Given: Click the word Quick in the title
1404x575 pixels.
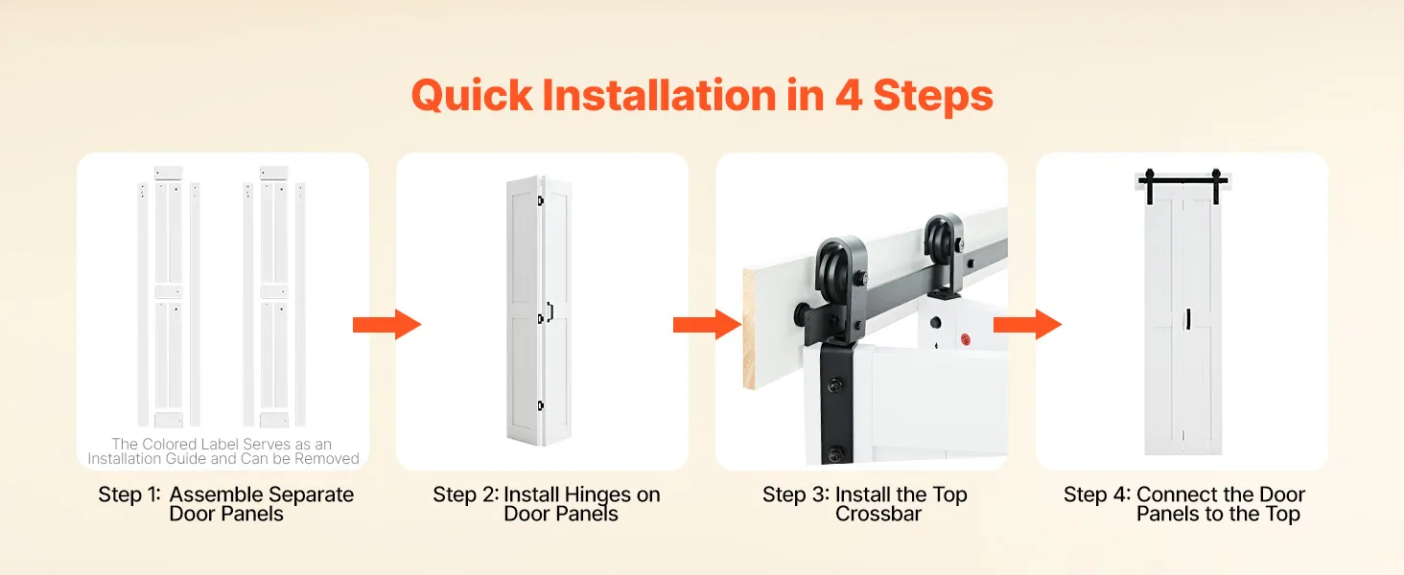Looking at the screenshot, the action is [472, 96].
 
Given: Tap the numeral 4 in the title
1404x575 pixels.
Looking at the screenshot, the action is [848, 95].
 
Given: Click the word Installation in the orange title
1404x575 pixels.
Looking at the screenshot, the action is [659, 95].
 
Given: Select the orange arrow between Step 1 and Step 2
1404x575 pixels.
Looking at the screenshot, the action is [386, 325].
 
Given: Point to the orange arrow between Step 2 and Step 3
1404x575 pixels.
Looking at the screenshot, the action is [707, 325].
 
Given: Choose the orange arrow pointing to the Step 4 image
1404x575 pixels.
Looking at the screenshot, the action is [1027, 325].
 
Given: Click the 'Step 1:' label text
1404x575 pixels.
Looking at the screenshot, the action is [129, 494].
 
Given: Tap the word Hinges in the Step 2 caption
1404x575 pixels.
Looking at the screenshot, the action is [598, 495].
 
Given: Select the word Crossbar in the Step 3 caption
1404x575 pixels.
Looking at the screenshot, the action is [878, 515].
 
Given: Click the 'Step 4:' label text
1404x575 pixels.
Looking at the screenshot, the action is [1097, 494].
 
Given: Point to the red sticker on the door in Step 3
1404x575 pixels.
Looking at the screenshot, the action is [965, 340].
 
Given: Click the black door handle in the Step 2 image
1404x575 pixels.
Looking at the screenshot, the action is [550, 311].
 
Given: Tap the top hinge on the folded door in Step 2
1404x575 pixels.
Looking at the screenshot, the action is [540, 201].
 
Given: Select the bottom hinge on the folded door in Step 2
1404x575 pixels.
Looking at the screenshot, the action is [540, 406].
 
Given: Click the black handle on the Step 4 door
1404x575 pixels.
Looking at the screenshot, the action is [1188, 319].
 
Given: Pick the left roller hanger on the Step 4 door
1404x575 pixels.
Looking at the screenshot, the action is [1150, 186].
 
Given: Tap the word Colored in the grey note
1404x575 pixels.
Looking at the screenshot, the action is [169, 444].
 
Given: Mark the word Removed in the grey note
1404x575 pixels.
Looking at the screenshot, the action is [327, 459].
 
